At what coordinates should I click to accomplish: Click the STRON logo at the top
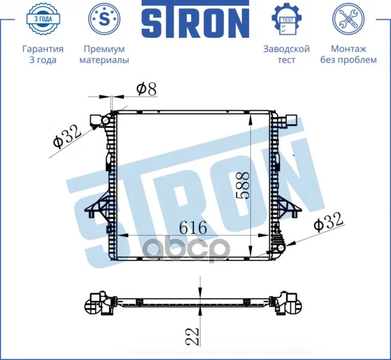196,19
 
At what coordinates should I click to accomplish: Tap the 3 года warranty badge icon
43,19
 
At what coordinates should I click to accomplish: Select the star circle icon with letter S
104,19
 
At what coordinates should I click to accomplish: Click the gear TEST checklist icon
286,19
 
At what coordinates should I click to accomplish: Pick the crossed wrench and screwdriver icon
348,19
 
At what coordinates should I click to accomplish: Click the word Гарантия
43,49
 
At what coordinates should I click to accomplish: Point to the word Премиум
104,49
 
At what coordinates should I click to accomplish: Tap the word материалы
104,60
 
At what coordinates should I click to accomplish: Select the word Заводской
286,49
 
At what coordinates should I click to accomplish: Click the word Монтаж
348,49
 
